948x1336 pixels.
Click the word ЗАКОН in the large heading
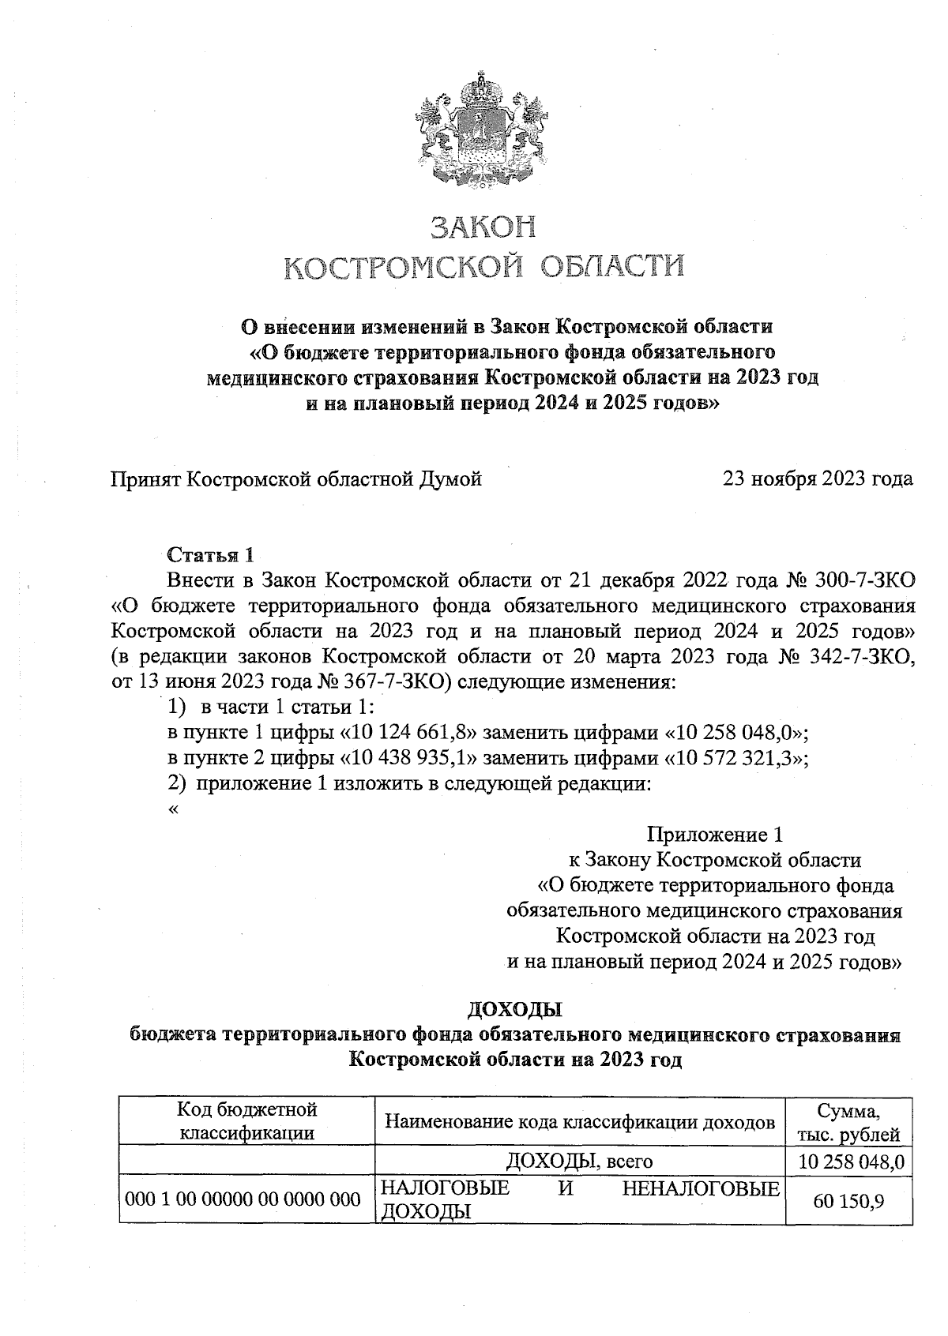click(x=483, y=227)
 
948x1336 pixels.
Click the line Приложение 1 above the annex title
click(x=715, y=835)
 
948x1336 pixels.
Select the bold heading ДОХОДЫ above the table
click(x=514, y=1010)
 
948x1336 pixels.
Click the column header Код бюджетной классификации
click(x=246, y=1121)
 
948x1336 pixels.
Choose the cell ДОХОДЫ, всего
click(x=579, y=1161)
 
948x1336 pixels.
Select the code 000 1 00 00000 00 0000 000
click(x=243, y=1200)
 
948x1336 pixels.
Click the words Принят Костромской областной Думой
click(x=296, y=478)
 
